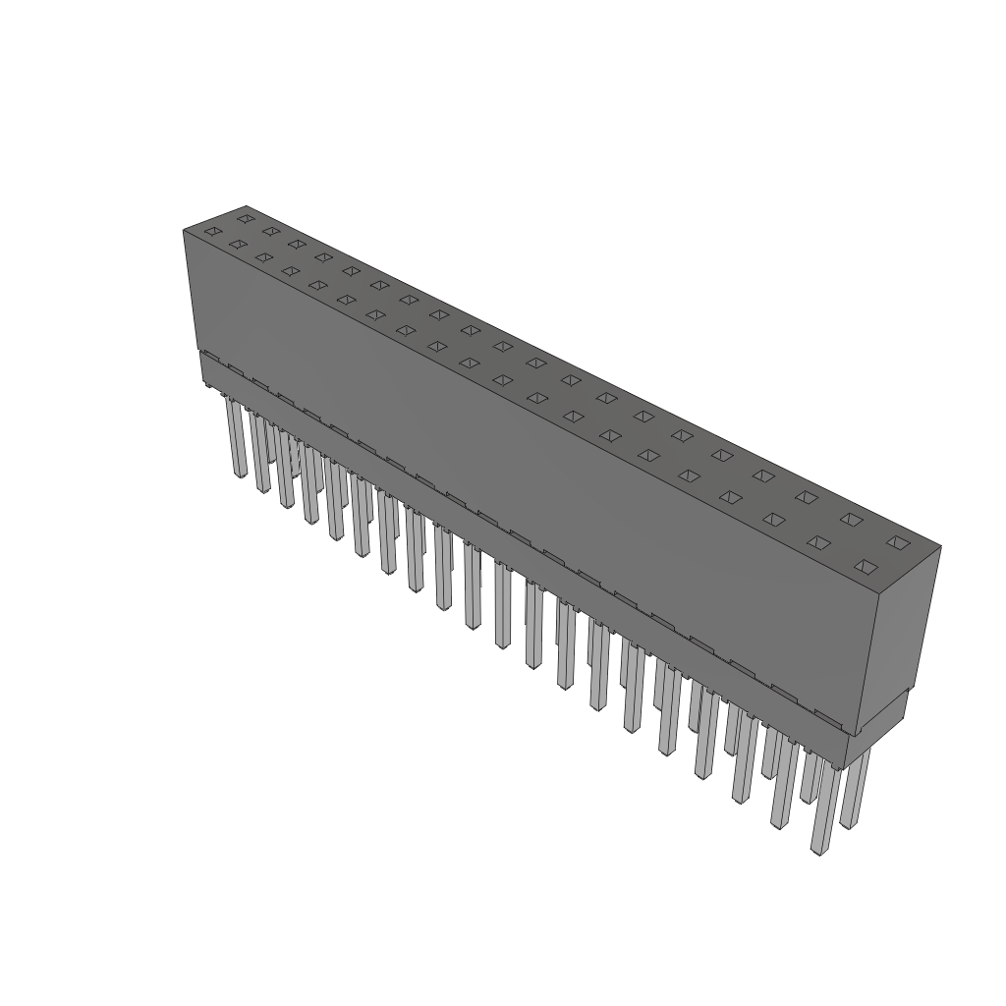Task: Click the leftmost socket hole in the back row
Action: [x=246, y=218]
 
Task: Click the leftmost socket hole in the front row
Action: [x=212, y=232]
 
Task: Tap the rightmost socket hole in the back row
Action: [x=896, y=541]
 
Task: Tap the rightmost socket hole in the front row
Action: [x=865, y=566]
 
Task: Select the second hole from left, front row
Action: [x=237, y=244]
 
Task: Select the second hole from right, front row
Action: [x=819, y=542]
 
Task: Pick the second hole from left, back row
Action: [x=271, y=231]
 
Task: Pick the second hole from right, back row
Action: [x=851, y=519]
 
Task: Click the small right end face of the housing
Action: [x=898, y=639]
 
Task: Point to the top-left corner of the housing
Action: [x=184, y=230]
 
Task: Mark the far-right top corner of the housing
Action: [x=941, y=547]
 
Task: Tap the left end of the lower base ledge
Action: [x=201, y=367]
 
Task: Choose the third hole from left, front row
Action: [x=263, y=257]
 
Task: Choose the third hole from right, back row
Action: [x=807, y=497]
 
